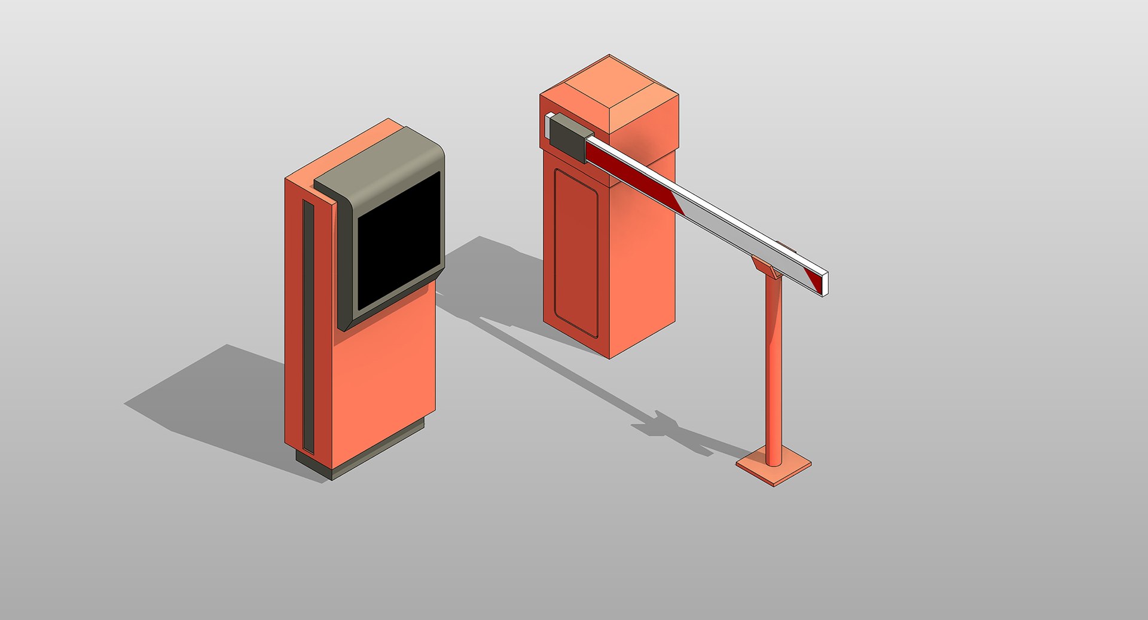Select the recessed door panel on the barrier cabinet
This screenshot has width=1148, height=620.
pyautogui.click(x=576, y=251)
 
